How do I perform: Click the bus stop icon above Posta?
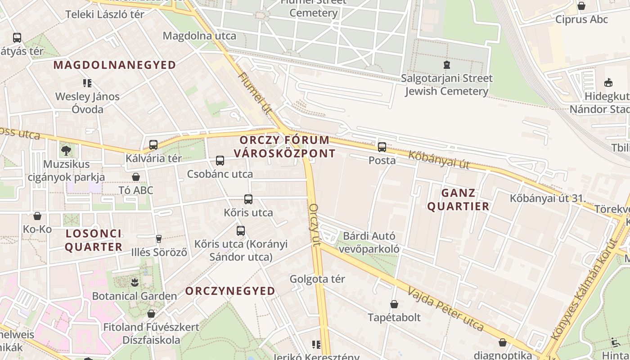(382, 147)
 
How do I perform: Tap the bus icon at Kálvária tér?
(153, 145)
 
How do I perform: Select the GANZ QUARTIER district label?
(458, 200)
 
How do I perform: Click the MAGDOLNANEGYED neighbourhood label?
(115, 65)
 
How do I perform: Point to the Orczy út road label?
(315, 225)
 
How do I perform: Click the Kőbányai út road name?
(439, 160)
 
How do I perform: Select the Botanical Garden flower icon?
(134, 283)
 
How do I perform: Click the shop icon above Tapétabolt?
(394, 304)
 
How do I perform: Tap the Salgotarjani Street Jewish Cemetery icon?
(446, 65)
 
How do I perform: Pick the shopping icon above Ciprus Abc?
(581, 6)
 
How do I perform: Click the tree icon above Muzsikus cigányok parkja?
(66, 150)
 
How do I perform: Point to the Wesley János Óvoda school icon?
(87, 83)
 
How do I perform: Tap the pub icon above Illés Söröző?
(158, 238)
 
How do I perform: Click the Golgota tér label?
(317, 279)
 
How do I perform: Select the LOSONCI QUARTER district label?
(94, 240)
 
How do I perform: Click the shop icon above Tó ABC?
(136, 177)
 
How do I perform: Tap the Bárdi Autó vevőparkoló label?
(369, 243)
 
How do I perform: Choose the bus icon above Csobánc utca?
(220, 161)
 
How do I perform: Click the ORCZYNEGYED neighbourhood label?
(230, 291)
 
